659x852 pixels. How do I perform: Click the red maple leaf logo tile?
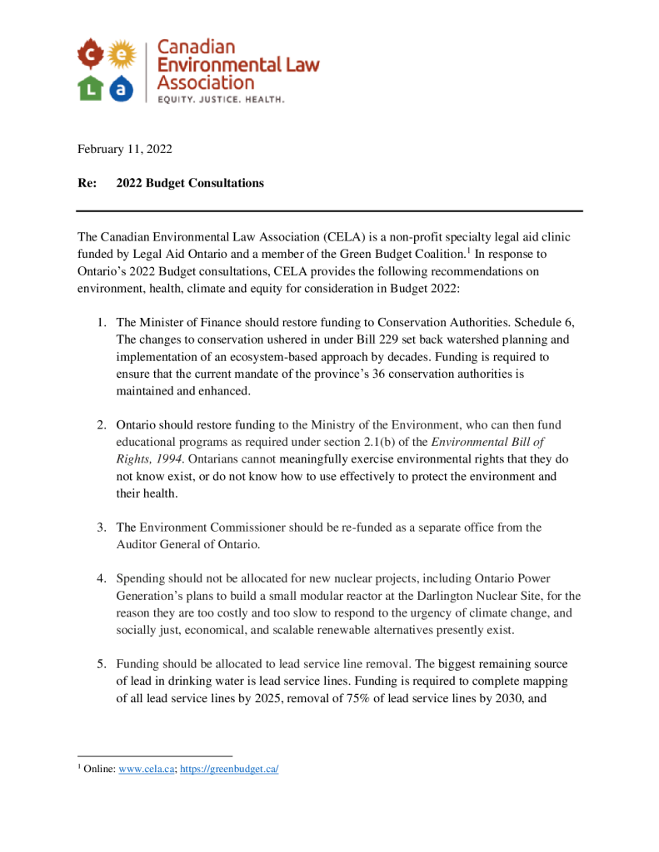(91, 55)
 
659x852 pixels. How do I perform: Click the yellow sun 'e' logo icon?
(122, 55)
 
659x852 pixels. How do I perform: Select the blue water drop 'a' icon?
(122, 87)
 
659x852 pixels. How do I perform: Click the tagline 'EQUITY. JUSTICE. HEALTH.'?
(215, 99)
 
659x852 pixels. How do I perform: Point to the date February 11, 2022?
(125, 150)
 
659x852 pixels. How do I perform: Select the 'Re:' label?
(87, 183)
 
